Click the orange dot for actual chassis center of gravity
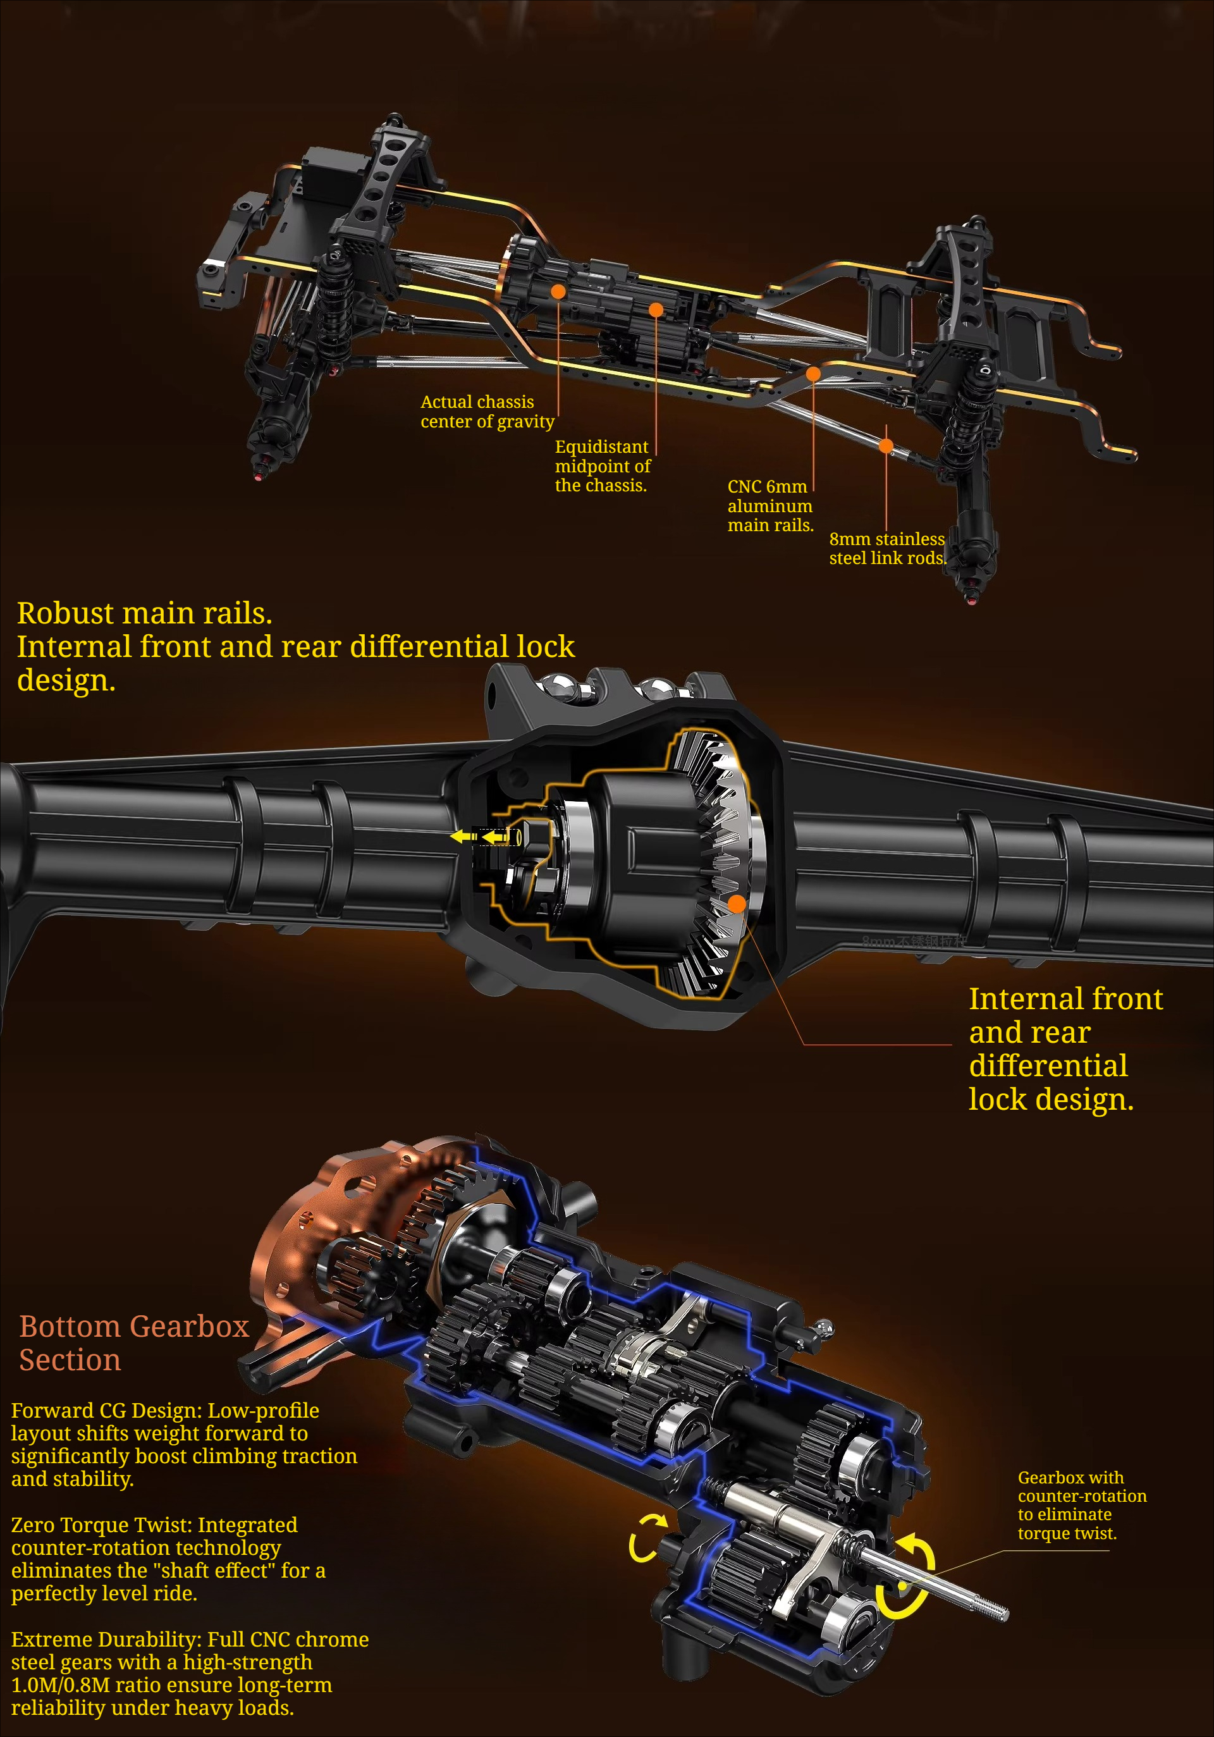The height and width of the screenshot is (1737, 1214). (558, 292)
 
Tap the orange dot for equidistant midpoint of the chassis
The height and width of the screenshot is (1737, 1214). (656, 309)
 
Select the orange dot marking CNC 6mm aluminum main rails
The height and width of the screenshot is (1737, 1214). (813, 373)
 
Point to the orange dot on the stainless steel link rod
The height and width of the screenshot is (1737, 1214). (886, 446)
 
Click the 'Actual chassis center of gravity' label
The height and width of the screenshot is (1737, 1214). (487, 412)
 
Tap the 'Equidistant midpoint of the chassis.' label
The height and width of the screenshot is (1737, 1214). (602, 466)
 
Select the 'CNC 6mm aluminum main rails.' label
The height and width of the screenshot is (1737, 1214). (770, 505)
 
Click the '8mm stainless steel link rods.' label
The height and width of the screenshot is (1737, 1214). (887, 548)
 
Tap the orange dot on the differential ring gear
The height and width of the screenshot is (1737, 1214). (736, 904)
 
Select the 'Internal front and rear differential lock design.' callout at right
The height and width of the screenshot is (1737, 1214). (1065, 1048)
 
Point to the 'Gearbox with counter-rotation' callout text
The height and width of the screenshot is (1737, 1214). (1082, 1505)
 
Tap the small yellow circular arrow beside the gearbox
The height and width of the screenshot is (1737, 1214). (647, 1538)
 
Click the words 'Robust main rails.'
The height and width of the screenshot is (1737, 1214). (144, 613)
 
